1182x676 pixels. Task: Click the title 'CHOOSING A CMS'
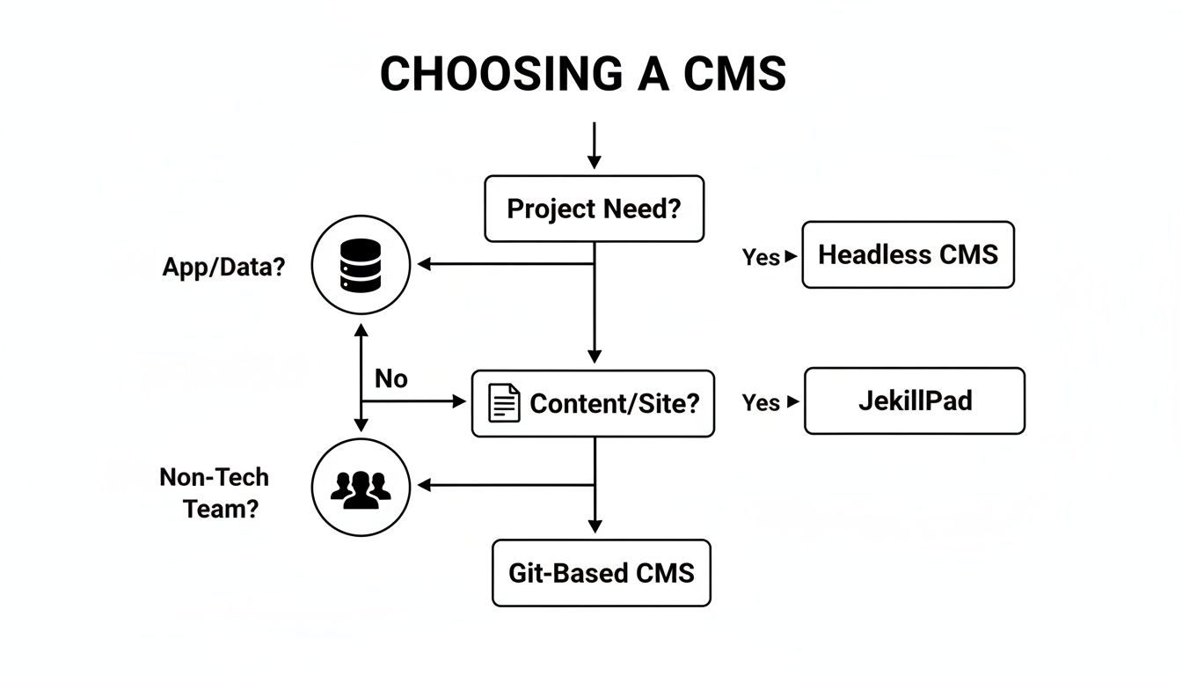[582, 74]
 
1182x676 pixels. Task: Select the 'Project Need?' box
[594, 209]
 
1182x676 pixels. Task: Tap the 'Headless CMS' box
[908, 255]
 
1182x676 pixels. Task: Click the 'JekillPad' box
[915, 401]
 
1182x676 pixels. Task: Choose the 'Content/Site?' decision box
[593, 404]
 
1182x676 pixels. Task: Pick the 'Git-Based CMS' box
[601, 573]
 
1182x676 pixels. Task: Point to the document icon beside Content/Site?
[504, 403]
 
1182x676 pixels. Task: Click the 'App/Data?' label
[223, 268]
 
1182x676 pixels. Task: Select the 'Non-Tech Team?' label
[215, 493]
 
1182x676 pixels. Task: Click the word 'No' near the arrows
[390, 378]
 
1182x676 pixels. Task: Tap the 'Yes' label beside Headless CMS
[761, 257]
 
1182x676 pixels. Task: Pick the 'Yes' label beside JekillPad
[761, 402]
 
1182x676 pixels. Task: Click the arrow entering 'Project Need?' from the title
[595, 146]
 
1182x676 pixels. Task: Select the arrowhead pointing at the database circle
[424, 263]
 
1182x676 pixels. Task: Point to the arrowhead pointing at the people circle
[424, 485]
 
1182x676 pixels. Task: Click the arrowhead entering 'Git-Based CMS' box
[595, 525]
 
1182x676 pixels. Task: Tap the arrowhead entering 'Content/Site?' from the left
[458, 401]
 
